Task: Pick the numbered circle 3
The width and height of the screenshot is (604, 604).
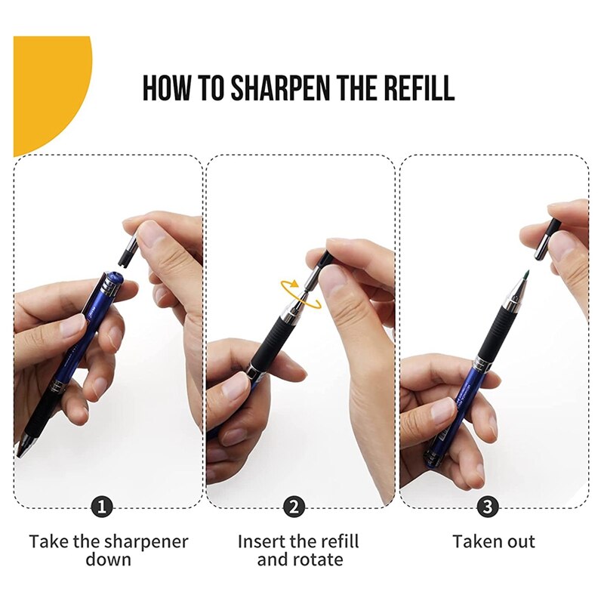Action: (x=488, y=506)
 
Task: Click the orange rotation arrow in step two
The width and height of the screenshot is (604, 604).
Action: (x=299, y=294)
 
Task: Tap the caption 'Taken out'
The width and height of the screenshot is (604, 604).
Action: (x=494, y=541)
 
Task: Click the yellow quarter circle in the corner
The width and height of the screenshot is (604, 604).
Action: (x=45, y=83)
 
